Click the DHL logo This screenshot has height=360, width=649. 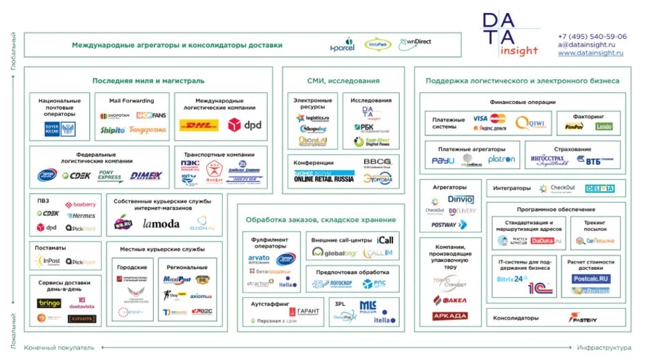click(x=199, y=125)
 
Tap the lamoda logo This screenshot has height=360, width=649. click(x=161, y=223)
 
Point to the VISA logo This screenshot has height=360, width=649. click(x=480, y=118)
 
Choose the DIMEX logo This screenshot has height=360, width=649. click(x=146, y=176)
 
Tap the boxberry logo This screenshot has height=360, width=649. click(x=81, y=204)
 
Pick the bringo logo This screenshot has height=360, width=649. click(x=49, y=303)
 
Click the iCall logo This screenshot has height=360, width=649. click(x=385, y=240)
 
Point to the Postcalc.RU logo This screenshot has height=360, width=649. click(x=591, y=279)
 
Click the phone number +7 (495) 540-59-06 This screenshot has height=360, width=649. click(x=592, y=37)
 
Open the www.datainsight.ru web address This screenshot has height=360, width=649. click(x=590, y=53)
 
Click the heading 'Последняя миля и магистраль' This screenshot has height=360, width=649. click(x=148, y=81)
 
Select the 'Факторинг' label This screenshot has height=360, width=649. click(x=588, y=116)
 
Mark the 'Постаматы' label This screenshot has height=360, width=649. click(x=51, y=248)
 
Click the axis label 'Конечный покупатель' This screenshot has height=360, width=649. click(x=59, y=348)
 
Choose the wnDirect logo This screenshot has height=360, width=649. click(x=415, y=42)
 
